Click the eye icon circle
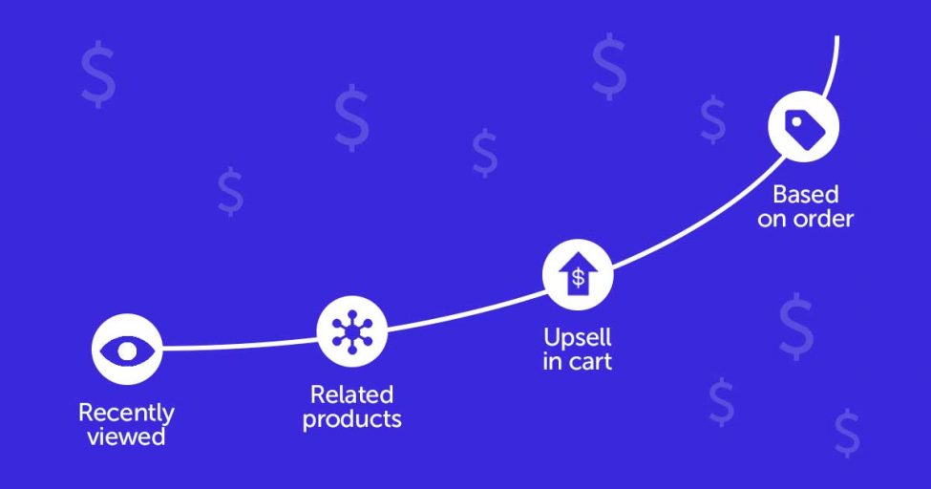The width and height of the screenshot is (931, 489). click(x=126, y=350)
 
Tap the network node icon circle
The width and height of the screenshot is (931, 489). click(x=352, y=331)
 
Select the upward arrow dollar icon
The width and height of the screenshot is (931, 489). click(x=578, y=274)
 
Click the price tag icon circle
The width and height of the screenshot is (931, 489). click(x=803, y=127)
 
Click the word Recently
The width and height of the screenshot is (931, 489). click(x=126, y=413)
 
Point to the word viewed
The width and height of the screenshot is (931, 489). click(x=126, y=436)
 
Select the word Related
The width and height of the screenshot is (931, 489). click(x=351, y=394)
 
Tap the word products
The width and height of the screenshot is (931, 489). click(x=352, y=419)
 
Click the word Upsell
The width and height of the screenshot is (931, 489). click(x=577, y=338)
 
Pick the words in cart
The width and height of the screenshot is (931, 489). click(x=577, y=362)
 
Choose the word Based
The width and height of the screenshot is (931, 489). click(x=806, y=194)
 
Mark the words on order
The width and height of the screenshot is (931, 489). click(x=805, y=219)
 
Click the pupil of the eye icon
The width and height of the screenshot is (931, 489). click(x=126, y=351)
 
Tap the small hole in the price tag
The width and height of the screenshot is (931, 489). click(x=796, y=121)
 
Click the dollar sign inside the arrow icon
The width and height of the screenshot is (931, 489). click(x=578, y=278)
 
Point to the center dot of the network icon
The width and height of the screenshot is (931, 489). click(x=352, y=331)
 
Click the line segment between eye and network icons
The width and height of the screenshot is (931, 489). click(x=240, y=345)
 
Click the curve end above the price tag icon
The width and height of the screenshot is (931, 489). click(x=837, y=37)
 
